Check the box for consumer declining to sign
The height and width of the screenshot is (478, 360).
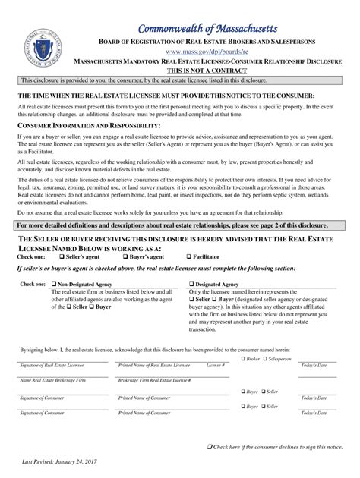(x=210, y=447)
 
